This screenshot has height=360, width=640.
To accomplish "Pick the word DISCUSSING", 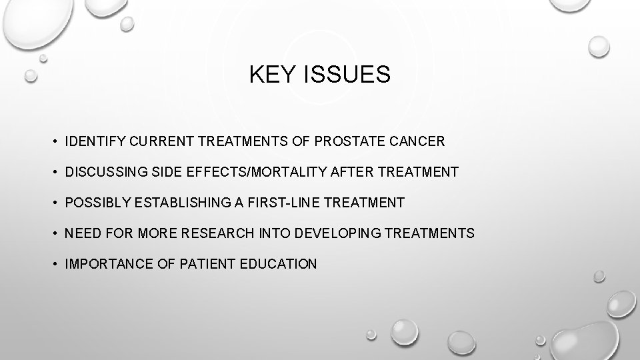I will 101,173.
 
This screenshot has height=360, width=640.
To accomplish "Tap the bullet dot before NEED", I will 52,234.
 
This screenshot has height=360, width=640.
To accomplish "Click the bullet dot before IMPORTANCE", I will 52,265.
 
